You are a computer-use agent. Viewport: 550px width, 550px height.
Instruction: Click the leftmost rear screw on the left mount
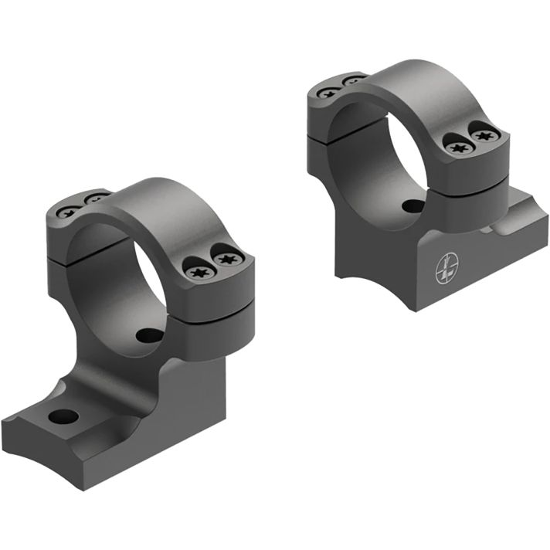pyautogui.click(x=69, y=210)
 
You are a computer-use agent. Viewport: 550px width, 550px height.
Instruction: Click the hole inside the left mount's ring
pyautogui.click(x=148, y=336)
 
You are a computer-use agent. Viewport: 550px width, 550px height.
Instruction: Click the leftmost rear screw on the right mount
pyautogui.click(x=328, y=92)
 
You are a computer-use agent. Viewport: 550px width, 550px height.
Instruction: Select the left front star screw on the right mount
pyautogui.click(x=458, y=147)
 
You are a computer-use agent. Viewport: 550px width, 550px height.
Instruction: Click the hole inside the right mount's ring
pyautogui.click(x=413, y=207)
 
